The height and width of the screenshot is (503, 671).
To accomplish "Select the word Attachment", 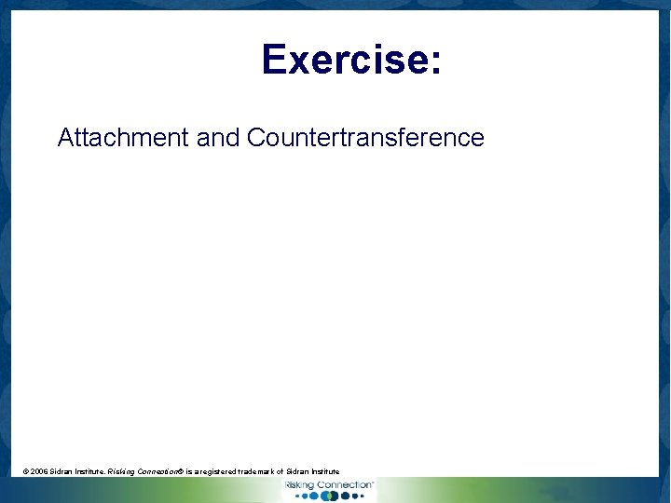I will pyautogui.click(x=123, y=138).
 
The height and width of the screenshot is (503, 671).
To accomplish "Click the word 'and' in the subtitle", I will pyautogui.click(x=218, y=138).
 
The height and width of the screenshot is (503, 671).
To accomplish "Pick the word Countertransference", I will pyautogui.click(x=365, y=138).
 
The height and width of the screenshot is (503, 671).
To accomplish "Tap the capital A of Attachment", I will pyautogui.click(x=66, y=138).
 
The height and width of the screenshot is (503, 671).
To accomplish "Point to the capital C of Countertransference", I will pyautogui.click(x=256, y=138).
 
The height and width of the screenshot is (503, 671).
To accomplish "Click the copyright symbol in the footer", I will pyautogui.click(x=26, y=472).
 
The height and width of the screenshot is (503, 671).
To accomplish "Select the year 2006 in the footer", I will pyautogui.click(x=40, y=472).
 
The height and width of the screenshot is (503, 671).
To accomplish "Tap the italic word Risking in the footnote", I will pyautogui.click(x=122, y=472).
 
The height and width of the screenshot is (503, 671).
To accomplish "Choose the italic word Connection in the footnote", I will pyautogui.click(x=159, y=472).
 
